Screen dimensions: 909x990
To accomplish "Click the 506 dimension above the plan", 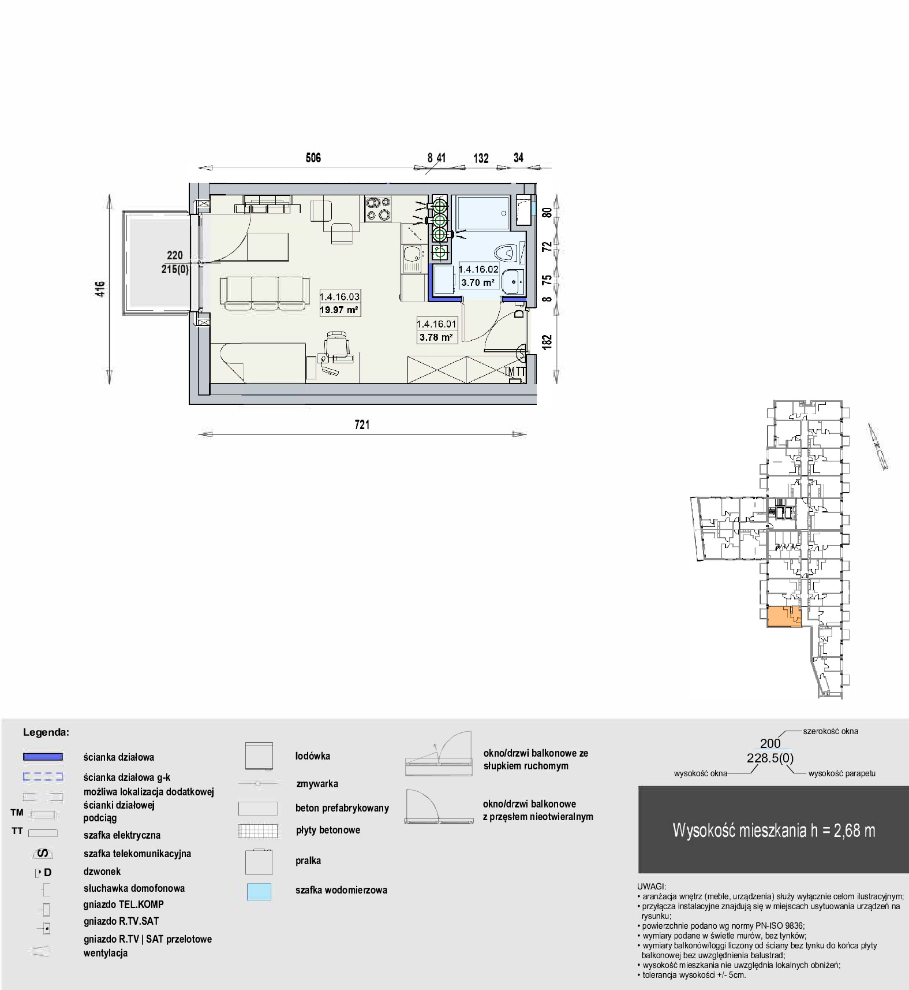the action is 313,158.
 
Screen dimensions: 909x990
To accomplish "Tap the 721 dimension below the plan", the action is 362,425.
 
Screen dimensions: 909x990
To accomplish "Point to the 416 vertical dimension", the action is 100,288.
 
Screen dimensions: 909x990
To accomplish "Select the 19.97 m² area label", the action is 339,310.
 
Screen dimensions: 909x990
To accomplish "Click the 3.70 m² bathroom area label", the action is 478,282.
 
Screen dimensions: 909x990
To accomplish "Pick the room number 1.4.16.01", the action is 436,324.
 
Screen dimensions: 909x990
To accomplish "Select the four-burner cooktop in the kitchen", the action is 378,209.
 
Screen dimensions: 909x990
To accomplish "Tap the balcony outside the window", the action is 156,263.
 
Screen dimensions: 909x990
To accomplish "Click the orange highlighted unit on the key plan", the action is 784,617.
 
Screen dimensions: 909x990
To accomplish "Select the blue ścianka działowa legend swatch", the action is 43,757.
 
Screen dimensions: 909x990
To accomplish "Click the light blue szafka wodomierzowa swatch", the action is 259,891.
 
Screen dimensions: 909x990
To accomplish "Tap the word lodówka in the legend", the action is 313,756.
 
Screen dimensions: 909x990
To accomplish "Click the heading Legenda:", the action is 46,732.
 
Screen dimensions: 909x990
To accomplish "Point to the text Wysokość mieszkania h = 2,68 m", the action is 774,831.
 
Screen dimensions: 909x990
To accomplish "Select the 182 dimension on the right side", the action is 547,342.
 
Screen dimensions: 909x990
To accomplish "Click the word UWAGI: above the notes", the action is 652,887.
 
